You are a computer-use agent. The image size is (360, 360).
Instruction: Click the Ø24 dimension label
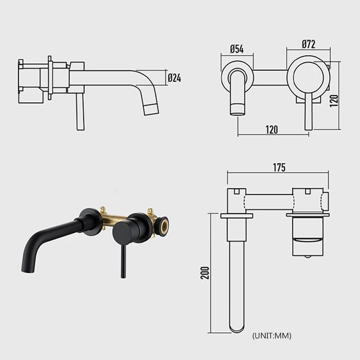174,78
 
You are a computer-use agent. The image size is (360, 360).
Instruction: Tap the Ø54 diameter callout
237,49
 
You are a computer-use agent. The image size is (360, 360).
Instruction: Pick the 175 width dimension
279,167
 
